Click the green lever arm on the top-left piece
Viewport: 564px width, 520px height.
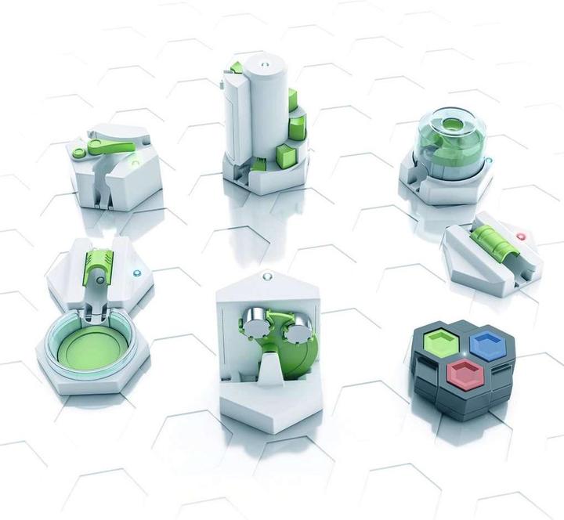point(107,145)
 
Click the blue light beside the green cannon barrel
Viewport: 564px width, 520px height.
point(139,273)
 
